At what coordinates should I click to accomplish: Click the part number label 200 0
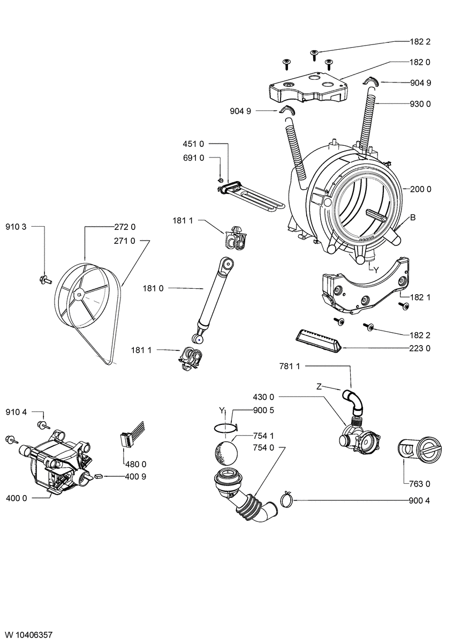pyautogui.click(x=421, y=189)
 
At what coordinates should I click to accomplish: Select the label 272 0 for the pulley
pyautogui.click(x=125, y=227)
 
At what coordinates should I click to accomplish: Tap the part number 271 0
pyautogui.click(x=125, y=241)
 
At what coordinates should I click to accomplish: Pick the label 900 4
pyautogui.click(x=421, y=500)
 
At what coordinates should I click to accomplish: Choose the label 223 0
pyautogui.click(x=421, y=348)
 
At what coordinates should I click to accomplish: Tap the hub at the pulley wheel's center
pyautogui.click(x=79, y=293)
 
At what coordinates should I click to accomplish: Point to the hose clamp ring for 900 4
pyautogui.click(x=286, y=500)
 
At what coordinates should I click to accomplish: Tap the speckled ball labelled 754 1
pyautogui.click(x=225, y=453)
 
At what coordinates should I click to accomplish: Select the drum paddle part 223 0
pyautogui.click(x=317, y=341)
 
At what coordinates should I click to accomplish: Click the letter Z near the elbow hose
pyautogui.click(x=319, y=386)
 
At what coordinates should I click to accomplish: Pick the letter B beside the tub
pyautogui.click(x=413, y=218)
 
